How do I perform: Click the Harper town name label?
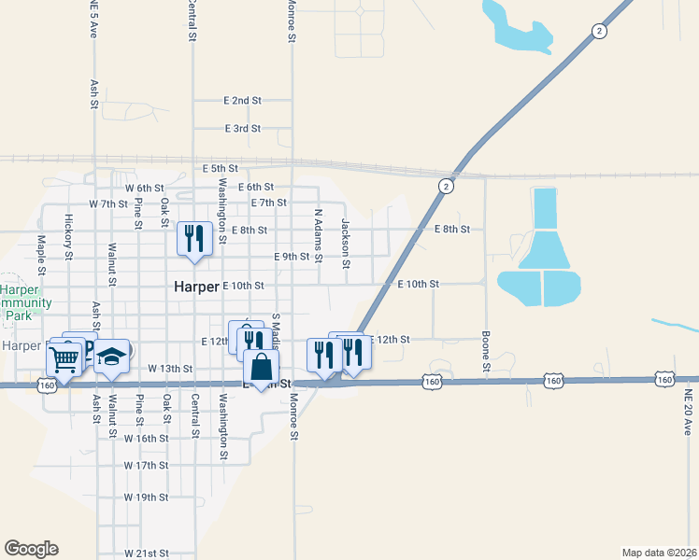click(x=196, y=287)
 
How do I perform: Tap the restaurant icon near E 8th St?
click(x=194, y=239)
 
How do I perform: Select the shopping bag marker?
click(x=262, y=365)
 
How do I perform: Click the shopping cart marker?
click(x=64, y=358)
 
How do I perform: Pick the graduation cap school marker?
click(x=112, y=357)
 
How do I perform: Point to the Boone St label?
click(x=486, y=349)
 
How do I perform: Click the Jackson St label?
click(x=346, y=243)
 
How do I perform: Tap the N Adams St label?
click(x=319, y=234)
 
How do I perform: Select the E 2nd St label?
click(x=242, y=100)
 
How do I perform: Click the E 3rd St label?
click(x=242, y=128)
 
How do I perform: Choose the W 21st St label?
click(x=146, y=553)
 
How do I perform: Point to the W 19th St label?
click(x=146, y=497)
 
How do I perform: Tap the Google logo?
click(x=31, y=549)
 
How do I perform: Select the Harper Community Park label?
click(x=19, y=303)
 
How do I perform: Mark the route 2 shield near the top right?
click(x=598, y=31)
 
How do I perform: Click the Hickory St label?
click(x=69, y=237)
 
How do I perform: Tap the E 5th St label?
click(x=221, y=168)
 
